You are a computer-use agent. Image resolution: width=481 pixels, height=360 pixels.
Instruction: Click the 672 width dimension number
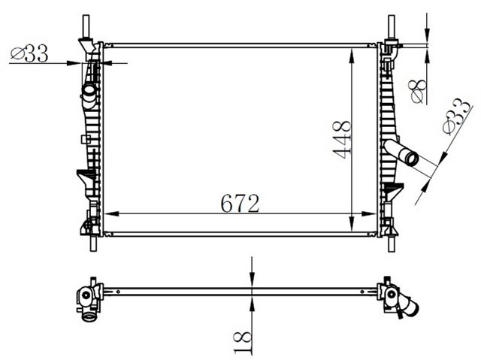point(240,203)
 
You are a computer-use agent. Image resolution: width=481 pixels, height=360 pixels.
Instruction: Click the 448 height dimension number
point(343,139)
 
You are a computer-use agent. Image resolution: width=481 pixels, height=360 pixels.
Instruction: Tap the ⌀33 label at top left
point(29,53)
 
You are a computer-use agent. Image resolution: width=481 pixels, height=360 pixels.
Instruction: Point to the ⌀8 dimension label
point(418,90)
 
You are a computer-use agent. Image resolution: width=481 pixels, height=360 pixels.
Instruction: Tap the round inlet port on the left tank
point(89,91)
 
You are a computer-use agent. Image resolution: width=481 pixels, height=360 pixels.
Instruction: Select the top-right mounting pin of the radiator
point(391,27)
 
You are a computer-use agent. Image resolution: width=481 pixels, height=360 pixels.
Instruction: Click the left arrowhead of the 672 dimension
point(107,213)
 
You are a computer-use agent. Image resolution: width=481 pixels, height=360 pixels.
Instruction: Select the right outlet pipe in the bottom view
point(407,305)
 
